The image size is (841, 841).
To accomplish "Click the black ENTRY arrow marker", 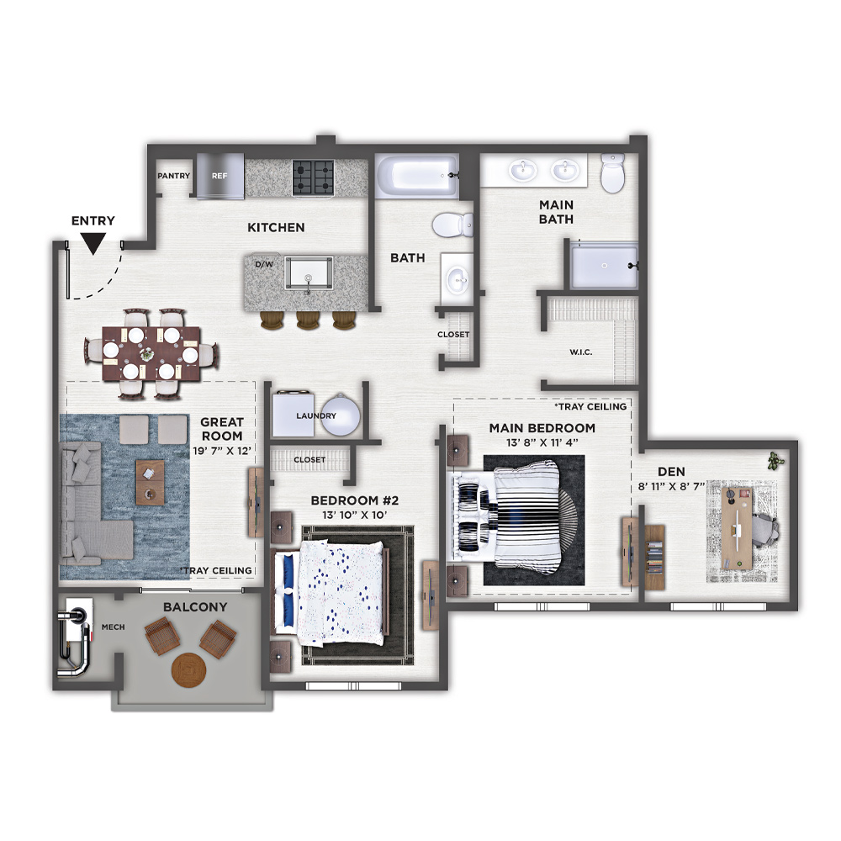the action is point(93,245).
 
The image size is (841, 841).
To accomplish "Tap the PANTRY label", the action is point(174,176).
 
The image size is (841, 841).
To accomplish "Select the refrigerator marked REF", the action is point(220,177).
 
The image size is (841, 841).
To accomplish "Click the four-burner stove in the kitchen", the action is point(313,177).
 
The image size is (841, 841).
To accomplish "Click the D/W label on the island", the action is point(264,264).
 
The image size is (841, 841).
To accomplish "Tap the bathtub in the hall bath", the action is point(417,176).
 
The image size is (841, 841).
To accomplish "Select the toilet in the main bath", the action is point(612,172).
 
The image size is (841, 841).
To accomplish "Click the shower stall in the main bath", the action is point(604,267).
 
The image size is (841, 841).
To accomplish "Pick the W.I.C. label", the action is point(581,352).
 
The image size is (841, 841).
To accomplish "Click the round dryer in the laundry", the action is point(340,415).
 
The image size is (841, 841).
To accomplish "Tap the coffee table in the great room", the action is point(151,482).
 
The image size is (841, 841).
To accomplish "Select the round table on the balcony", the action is point(188,669).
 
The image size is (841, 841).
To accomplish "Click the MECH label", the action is point(114,627).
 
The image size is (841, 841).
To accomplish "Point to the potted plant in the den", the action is point(775,461).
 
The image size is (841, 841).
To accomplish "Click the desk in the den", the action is point(737,528).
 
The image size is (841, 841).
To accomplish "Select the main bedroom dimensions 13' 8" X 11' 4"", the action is point(542,443).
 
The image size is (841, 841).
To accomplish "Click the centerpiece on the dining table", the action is point(146,354).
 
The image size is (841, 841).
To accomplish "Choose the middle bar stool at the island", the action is point(308,320).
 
